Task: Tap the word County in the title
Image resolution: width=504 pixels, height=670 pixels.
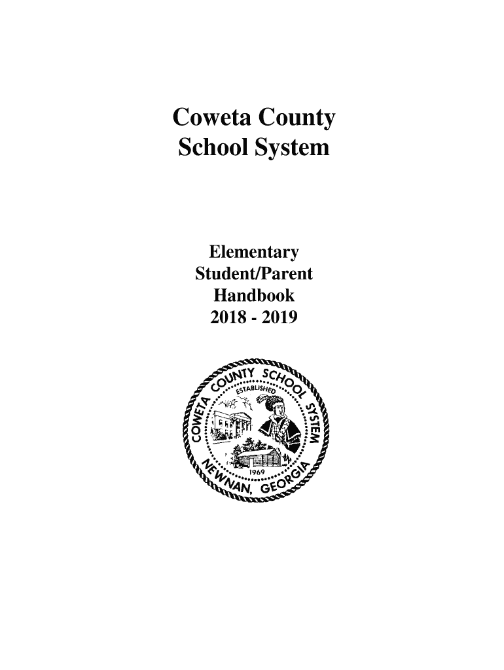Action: pyautogui.click(x=298, y=120)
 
